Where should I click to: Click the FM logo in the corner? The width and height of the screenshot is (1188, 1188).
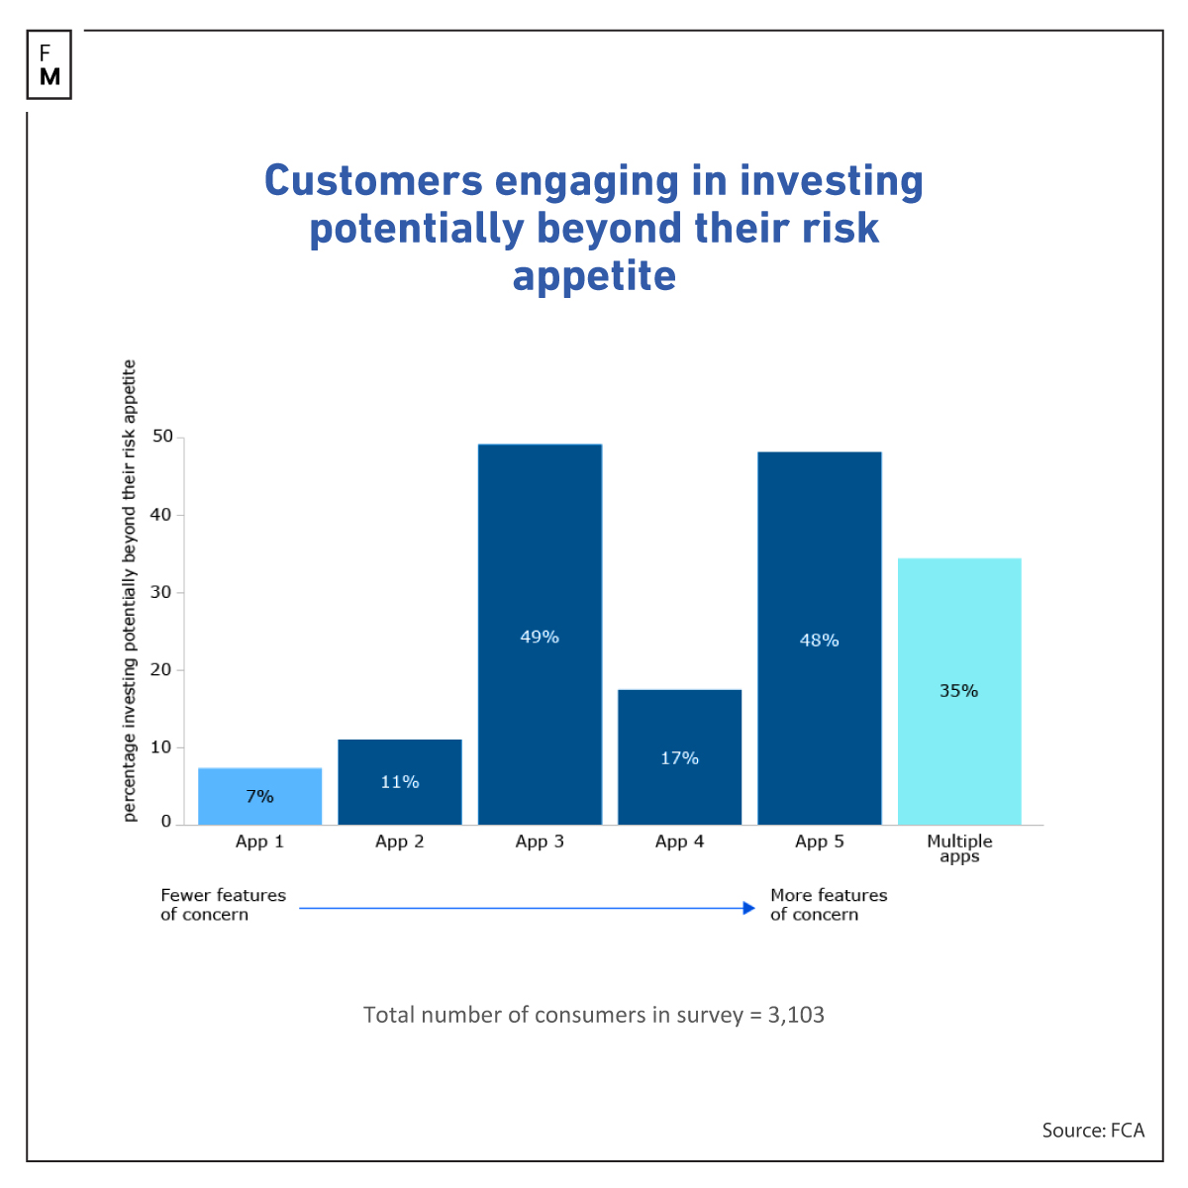pos(49,64)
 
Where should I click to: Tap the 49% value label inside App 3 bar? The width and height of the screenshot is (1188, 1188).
pos(540,637)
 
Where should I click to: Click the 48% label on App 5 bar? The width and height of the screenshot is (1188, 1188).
pos(819,641)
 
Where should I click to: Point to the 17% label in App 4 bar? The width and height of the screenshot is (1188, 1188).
pos(679,758)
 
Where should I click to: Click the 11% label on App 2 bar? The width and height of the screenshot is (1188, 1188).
pos(399,782)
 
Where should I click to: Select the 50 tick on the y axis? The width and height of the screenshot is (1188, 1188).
pos(161,437)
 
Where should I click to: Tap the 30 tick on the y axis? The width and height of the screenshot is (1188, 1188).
pos(161,592)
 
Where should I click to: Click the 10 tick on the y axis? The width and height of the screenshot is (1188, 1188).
pos(161,747)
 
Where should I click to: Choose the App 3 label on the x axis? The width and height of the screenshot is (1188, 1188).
pos(540,841)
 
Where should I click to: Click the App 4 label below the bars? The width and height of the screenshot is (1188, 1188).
pos(679,841)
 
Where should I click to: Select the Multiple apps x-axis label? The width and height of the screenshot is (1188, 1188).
pos(958,848)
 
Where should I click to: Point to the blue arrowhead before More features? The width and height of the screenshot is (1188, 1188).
pos(749,908)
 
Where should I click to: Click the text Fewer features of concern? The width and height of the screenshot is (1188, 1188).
pos(223,904)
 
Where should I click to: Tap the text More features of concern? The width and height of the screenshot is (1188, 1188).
pos(829,904)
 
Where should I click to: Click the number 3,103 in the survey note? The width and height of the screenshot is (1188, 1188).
pos(796,1015)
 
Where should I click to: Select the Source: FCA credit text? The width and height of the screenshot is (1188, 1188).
pos(1092,1130)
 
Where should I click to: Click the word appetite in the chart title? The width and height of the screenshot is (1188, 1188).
pos(594,275)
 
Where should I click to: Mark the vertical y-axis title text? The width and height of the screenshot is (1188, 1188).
pos(130,590)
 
